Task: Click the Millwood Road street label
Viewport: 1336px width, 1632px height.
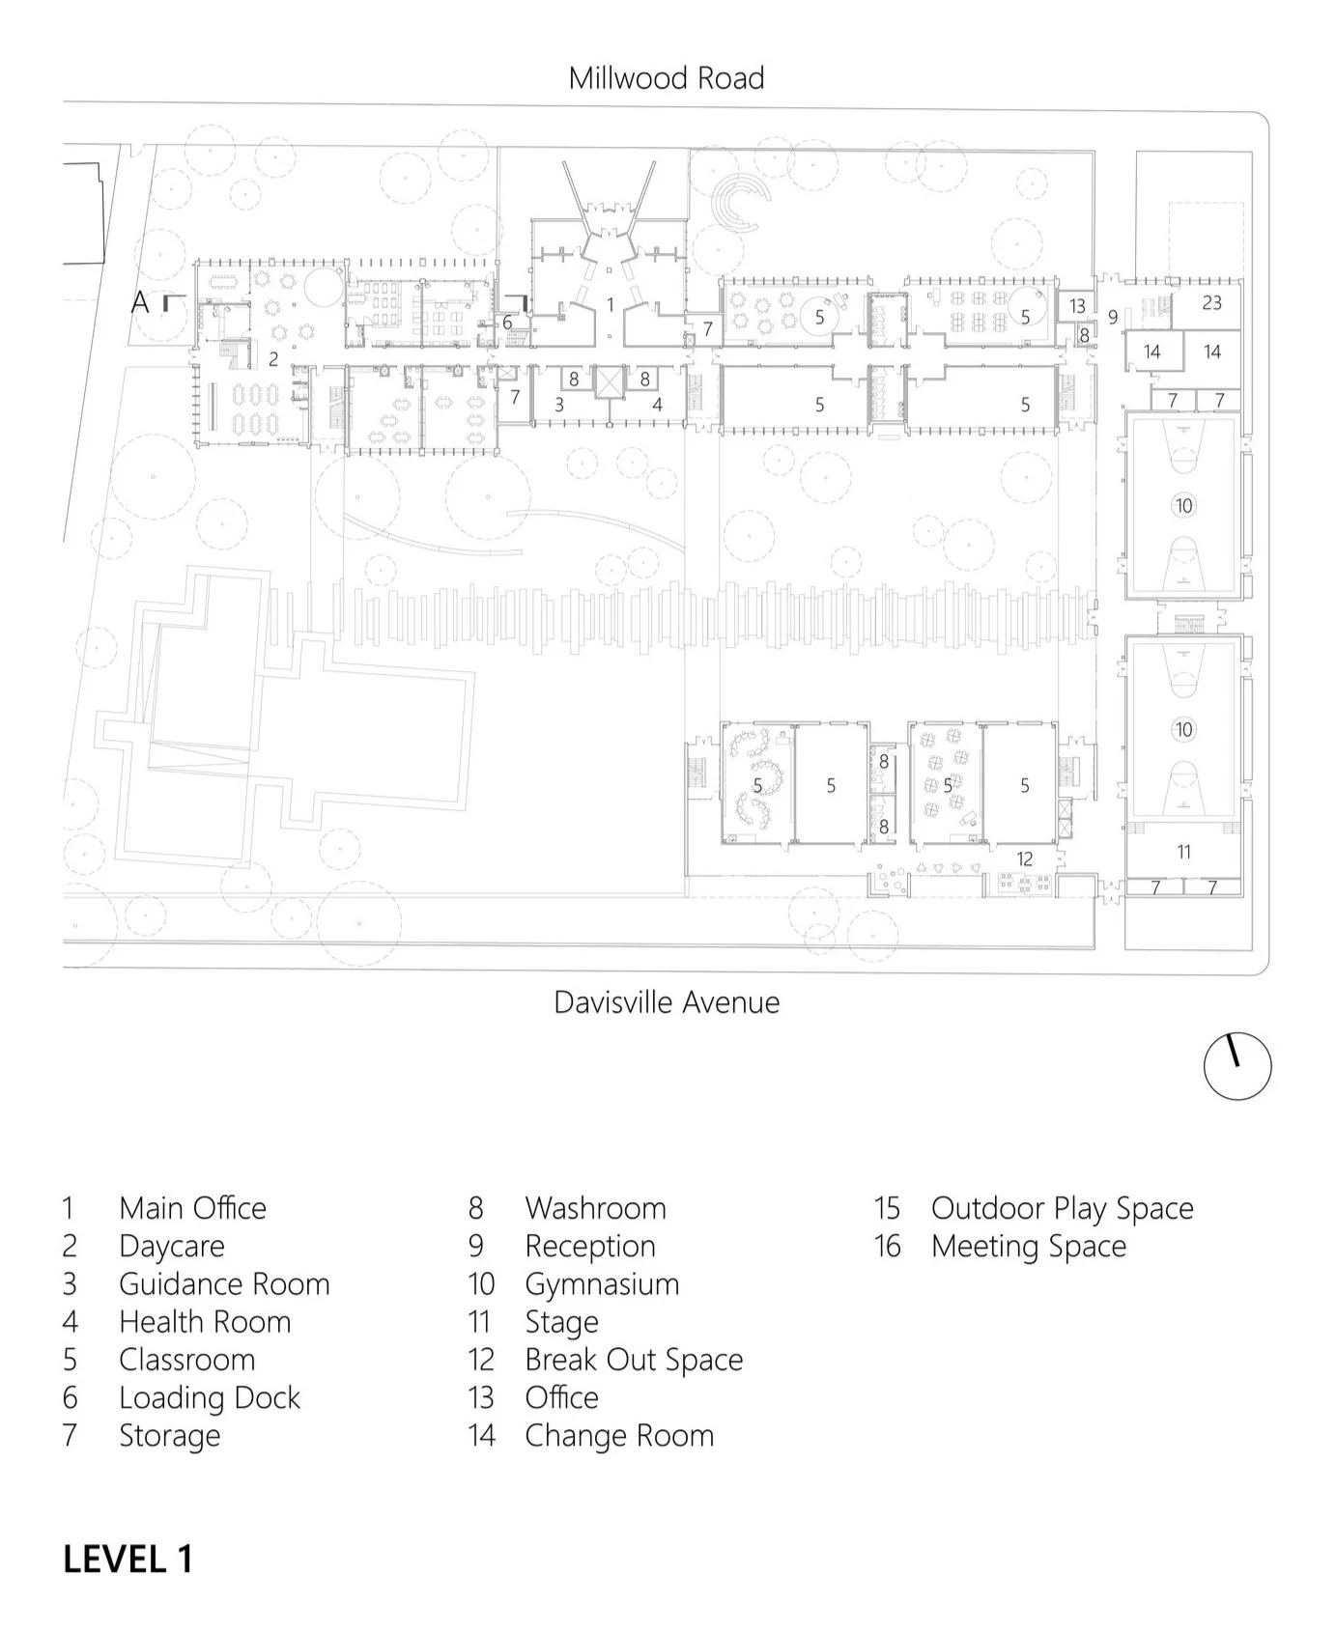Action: point(666,78)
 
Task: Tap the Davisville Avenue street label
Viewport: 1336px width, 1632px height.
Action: point(666,1002)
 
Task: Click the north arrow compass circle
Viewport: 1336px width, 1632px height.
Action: point(1237,1065)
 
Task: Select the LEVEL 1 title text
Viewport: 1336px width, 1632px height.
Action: point(128,1559)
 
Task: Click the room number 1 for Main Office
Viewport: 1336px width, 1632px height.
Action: point(610,305)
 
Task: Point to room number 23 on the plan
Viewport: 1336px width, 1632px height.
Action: point(1211,303)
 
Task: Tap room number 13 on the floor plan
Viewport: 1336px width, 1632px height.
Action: point(1077,306)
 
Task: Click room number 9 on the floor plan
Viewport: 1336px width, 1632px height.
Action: point(1113,317)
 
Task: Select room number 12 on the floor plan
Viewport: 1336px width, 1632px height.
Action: point(1024,858)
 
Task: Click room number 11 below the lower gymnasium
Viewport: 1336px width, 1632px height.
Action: point(1183,852)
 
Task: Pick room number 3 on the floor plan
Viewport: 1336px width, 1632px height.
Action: point(558,406)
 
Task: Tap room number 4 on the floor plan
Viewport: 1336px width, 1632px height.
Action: point(657,406)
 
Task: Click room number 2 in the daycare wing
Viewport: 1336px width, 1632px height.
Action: point(273,359)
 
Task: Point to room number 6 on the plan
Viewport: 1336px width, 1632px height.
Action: point(507,323)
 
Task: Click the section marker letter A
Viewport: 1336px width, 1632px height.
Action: point(141,303)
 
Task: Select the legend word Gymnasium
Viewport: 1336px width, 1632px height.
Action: point(602,1284)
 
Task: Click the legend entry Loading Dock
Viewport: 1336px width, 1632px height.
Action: point(209,1397)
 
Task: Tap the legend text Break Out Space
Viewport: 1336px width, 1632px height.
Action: point(634,1360)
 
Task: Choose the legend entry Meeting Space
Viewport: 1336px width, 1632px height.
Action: point(1028,1247)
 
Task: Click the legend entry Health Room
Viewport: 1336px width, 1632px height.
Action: point(205,1322)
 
